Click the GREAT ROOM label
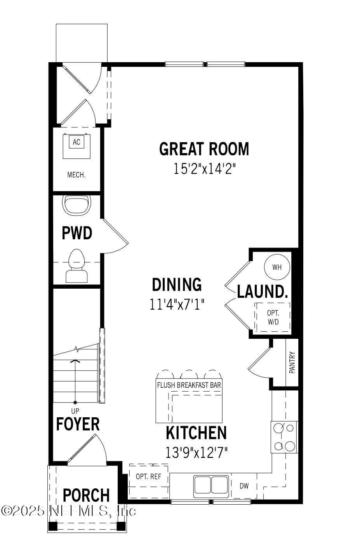point(204,149)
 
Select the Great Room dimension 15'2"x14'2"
point(204,169)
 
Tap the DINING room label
point(177,285)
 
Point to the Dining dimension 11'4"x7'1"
point(177,304)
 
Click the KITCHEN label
point(196,433)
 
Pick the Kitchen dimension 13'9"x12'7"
point(196,452)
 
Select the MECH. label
point(77,175)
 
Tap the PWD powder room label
point(77,234)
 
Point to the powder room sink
point(77,206)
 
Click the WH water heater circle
point(277,267)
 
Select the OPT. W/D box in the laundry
point(273,317)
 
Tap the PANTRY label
point(292,362)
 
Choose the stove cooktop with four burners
point(284,437)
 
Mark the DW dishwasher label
point(244,486)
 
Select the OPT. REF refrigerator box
point(148,481)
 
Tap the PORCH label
point(86,495)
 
